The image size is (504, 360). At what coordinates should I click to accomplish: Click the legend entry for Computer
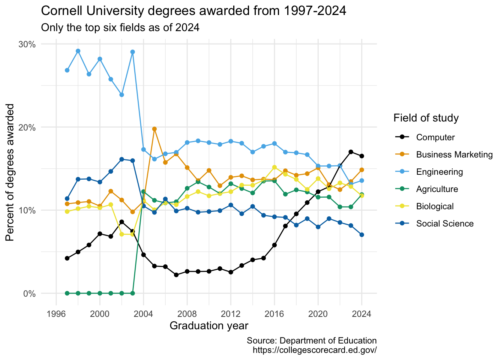click(x=435, y=137)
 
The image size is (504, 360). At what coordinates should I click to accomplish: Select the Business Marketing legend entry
click(x=454, y=154)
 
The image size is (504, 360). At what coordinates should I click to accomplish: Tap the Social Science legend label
click(x=445, y=223)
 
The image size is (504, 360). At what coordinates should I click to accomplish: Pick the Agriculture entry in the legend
click(x=437, y=189)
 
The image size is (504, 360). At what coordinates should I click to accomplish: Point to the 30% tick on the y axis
click(x=27, y=44)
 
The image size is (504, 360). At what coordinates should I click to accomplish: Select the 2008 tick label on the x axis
click(x=187, y=313)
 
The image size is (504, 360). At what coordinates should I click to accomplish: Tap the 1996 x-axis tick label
click(x=56, y=313)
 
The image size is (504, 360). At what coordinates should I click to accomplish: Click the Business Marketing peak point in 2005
click(x=154, y=129)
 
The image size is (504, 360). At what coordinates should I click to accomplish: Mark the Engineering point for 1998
click(x=78, y=51)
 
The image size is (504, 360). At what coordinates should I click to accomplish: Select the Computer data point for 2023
click(x=351, y=152)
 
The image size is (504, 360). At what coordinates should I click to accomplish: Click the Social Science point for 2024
click(x=362, y=235)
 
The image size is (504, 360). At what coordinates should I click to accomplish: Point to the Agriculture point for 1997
click(x=67, y=293)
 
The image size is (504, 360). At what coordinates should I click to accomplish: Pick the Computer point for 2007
click(x=176, y=275)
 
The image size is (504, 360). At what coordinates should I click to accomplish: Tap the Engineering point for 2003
click(x=132, y=52)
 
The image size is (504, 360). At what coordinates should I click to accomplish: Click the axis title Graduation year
click(x=209, y=325)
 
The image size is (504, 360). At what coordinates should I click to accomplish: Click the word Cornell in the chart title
click(x=61, y=11)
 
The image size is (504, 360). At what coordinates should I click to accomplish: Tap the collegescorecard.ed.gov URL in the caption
click(x=315, y=350)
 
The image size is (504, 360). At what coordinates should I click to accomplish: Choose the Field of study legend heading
click(x=426, y=118)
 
